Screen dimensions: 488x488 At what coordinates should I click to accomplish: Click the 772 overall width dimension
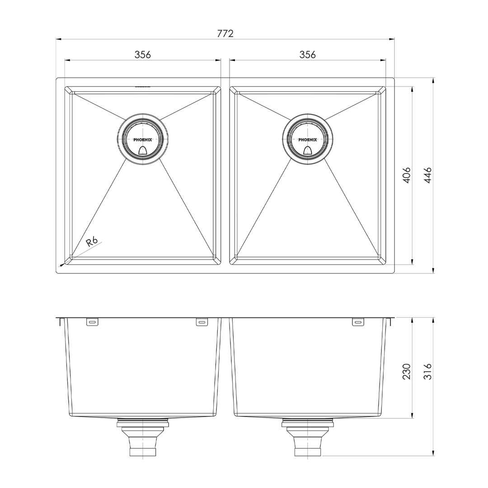[225, 33]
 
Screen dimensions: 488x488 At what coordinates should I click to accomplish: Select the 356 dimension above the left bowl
[142, 55]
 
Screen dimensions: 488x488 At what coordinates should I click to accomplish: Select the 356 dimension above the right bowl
[307, 55]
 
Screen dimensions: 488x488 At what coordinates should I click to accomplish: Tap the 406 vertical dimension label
[407, 175]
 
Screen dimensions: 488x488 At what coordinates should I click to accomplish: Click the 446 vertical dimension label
[428, 175]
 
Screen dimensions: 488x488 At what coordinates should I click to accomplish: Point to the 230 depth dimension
[407, 371]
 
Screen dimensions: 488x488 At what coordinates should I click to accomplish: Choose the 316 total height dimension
[428, 371]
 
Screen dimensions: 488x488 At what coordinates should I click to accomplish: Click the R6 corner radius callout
[92, 241]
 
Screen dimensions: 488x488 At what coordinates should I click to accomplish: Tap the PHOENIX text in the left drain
[143, 140]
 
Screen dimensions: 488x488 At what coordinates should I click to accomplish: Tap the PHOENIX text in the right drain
[308, 140]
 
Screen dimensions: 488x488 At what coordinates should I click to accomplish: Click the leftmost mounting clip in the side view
[92, 322]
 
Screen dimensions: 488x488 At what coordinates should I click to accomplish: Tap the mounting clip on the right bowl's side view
[358, 322]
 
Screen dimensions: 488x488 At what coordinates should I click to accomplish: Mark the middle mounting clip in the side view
[202, 322]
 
